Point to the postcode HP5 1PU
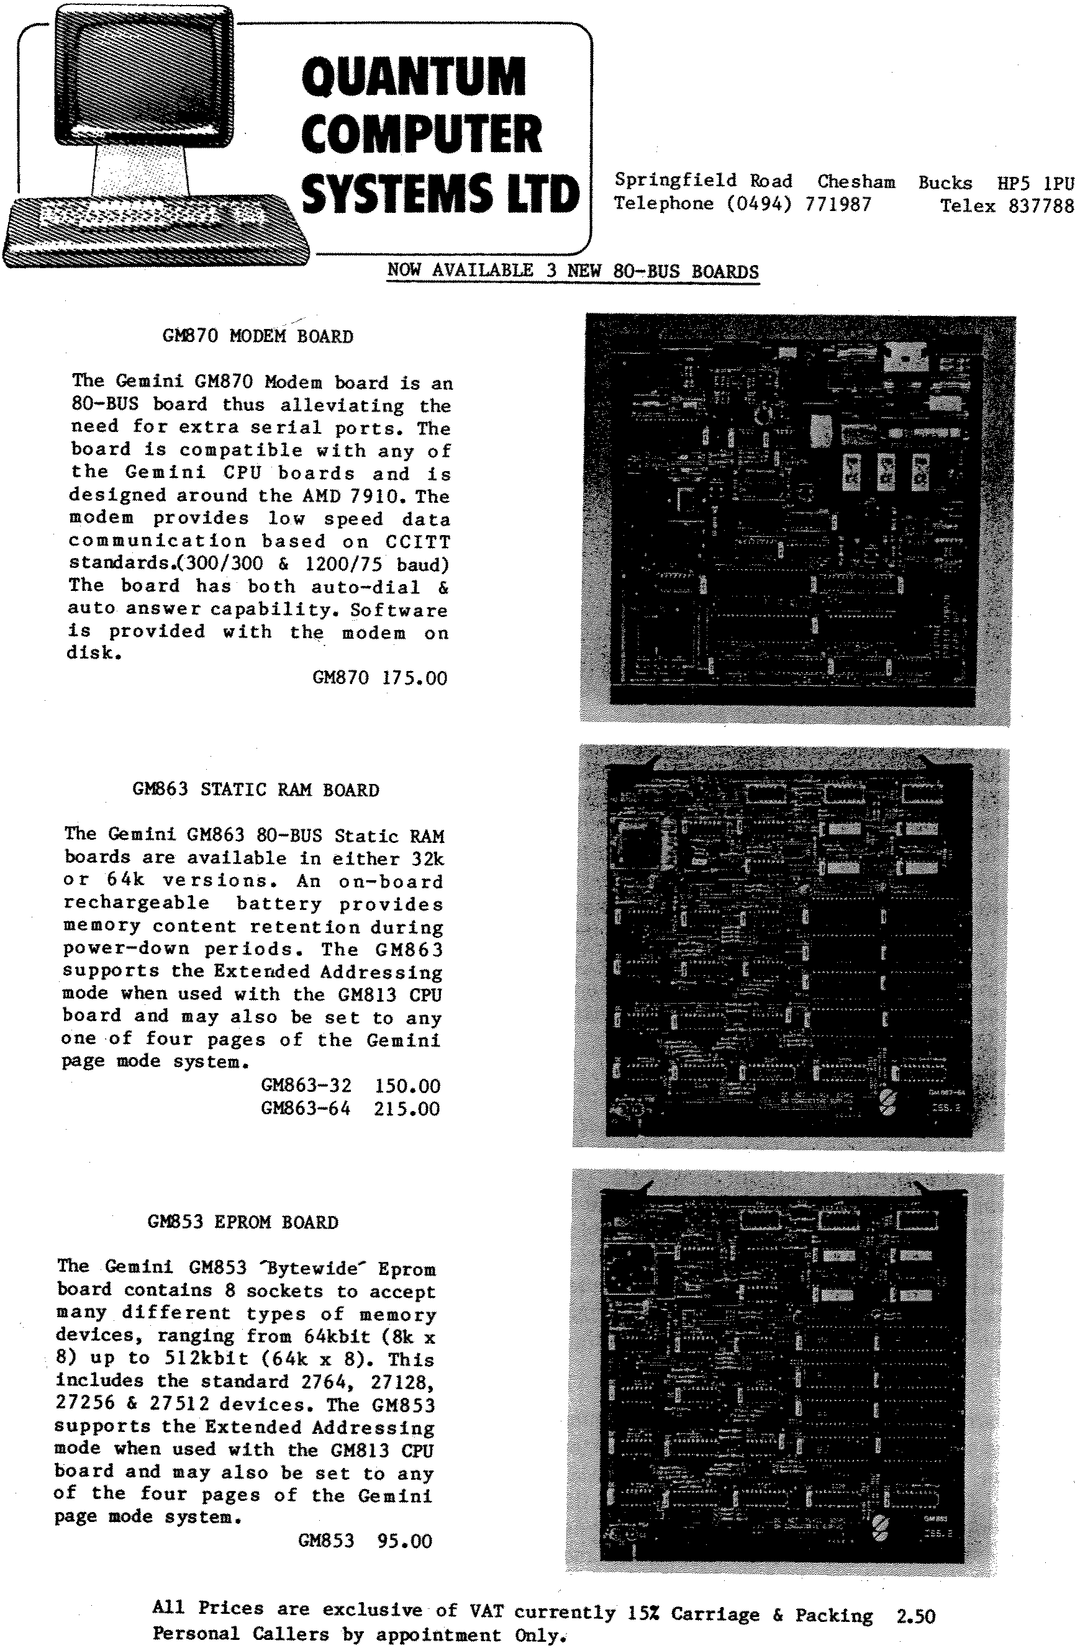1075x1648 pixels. [x=1035, y=184]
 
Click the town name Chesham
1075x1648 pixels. [x=856, y=182]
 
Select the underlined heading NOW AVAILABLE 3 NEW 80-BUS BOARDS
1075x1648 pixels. [x=573, y=271]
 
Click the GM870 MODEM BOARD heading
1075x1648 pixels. [x=258, y=336]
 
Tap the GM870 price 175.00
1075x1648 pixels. [x=414, y=678]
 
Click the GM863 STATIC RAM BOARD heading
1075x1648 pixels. [x=256, y=790]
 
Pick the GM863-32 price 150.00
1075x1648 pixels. [x=407, y=1086]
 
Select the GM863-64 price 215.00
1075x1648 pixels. [x=407, y=1109]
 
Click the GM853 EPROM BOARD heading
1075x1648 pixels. [x=242, y=1222]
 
